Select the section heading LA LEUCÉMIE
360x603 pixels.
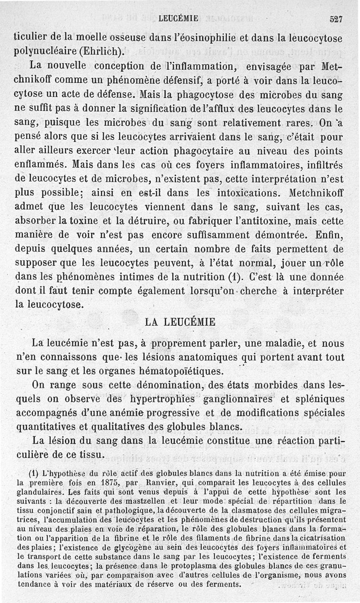180,322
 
